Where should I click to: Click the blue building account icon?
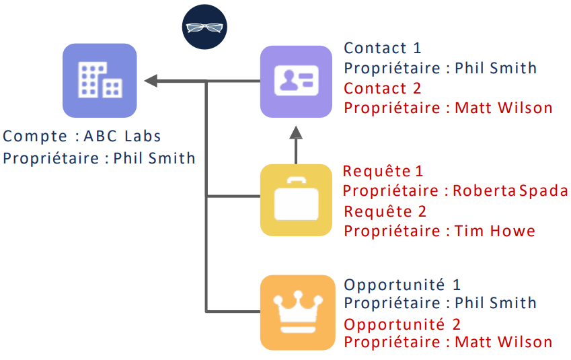pyautogui.click(x=99, y=81)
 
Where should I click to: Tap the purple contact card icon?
pyautogui.click(x=297, y=81)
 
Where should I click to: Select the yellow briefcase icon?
pyautogui.click(x=297, y=200)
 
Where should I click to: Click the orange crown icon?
pyautogui.click(x=297, y=312)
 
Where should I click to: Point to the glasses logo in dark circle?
pyautogui.click(x=205, y=28)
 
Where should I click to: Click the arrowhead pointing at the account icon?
pyautogui.click(x=151, y=81)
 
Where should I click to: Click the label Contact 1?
pyautogui.click(x=382, y=48)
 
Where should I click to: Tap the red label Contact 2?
pyautogui.click(x=382, y=88)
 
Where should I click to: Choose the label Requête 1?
pyautogui.click(x=383, y=172)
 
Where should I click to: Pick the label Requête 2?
pyautogui.click(x=385, y=211)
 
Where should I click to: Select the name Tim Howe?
pyautogui.click(x=495, y=231)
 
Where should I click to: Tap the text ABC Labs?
pyautogui.click(x=122, y=136)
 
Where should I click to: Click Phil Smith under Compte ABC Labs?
pyautogui.click(x=155, y=158)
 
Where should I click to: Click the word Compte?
pyautogui.click(x=35, y=136)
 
